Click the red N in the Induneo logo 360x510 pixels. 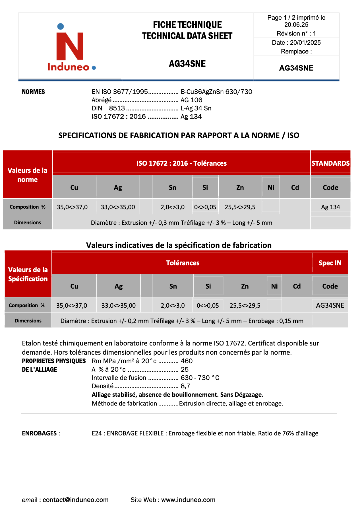[70, 46]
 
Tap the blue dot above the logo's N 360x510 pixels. [61, 26]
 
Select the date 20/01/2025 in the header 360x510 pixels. [305, 43]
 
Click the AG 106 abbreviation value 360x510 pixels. [191, 100]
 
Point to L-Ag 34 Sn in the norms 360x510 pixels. [196, 108]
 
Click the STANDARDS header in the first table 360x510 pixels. [330, 163]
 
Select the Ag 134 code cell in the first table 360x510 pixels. [330, 207]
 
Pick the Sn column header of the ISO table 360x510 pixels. [172, 188]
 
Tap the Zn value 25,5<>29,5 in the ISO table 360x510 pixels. [240, 207]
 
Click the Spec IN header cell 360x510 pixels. [330, 263]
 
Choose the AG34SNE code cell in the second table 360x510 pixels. [330, 306]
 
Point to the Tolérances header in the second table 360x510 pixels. [183, 263]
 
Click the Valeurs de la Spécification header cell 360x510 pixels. [28, 274]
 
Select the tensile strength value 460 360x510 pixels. [187, 361]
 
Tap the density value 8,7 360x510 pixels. [185, 386]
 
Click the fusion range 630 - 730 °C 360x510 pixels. [200, 378]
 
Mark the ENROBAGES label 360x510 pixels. [39, 433]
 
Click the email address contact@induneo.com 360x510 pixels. [75, 500]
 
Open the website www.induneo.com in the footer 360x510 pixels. [188, 500]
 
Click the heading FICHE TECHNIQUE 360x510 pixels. [187, 25]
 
